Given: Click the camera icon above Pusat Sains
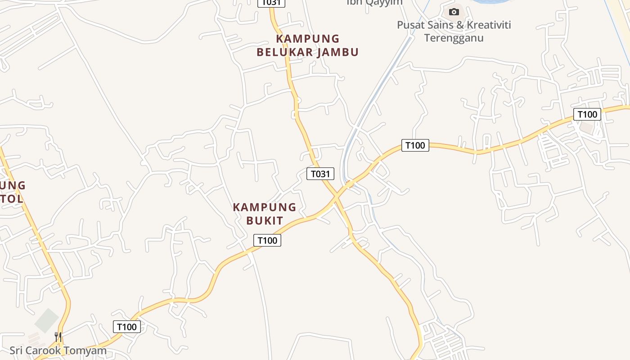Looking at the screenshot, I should [454, 12].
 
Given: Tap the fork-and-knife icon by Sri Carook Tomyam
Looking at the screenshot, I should [58, 337].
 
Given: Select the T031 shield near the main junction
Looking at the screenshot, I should [320, 174].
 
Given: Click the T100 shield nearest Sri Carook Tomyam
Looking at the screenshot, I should [126, 327].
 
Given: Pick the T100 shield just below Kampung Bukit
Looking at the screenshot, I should [267, 240].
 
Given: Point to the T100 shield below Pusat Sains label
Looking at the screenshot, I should [415, 145].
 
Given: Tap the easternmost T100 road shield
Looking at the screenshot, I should [587, 114].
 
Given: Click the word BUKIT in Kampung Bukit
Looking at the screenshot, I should [265, 220].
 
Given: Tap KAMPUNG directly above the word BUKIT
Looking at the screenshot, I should [265, 207].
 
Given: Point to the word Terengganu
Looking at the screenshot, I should [454, 38].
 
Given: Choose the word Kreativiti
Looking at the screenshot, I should [489, 25].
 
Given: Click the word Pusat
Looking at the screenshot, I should [412, 25].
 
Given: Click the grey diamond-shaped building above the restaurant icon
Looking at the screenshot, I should [47, 320].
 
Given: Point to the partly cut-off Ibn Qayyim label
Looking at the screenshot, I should [374, 2].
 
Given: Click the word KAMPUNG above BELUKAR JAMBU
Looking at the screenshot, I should [308, 39].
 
